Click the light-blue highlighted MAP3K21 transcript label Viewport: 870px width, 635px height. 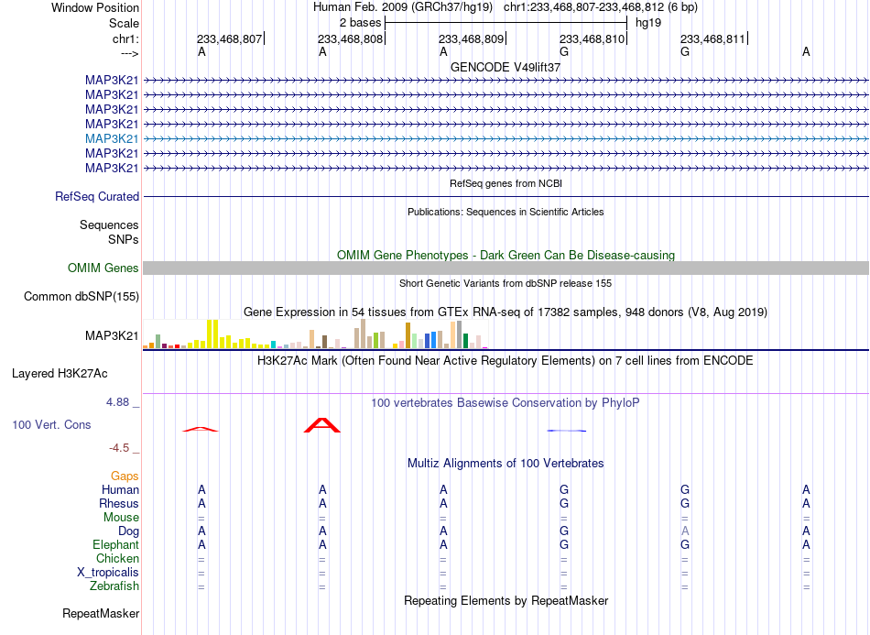tap(112, 138)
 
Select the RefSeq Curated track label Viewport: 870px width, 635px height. tap(97, 196)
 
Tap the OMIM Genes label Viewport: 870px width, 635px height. tap(103, 268)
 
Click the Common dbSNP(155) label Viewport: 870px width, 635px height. tap(82, 296)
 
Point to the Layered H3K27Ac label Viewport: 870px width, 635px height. tap(60, 374)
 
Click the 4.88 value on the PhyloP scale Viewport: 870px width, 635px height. tap(117, 402)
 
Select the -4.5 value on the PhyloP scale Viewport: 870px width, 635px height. tap(119, 448)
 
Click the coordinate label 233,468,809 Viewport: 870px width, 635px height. tap(471, 38)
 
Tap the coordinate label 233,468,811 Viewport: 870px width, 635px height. tap(713, 38)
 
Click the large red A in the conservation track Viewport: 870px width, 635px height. tap(322, 425)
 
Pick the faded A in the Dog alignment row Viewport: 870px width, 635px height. tap(685, 531)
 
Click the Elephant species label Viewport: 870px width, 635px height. tap(116, 545)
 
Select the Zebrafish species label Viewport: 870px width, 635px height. tap(114, 586)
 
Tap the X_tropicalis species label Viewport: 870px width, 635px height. tap(108, 573)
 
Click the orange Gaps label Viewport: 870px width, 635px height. tap(125, 476)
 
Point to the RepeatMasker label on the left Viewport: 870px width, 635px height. tap(101, 613)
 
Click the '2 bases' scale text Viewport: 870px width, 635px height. tap(361, 23)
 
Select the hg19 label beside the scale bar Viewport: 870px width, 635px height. tap(648, 23)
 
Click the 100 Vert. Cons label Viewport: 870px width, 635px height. tap(51, 425)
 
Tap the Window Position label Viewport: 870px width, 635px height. tap(95, 7)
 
